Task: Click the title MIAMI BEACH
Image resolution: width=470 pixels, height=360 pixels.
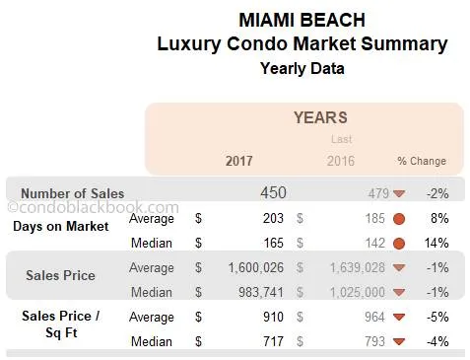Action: tap(302, 20)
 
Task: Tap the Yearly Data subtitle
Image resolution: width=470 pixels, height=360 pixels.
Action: tap(302, 68)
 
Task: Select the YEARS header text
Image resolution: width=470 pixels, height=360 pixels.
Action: tap(320, 118)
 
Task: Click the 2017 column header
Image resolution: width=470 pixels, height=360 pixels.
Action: tap(238, 161)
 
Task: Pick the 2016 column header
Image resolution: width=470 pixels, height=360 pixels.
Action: tap(340, 161)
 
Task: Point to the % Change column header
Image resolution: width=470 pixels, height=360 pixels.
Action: tap(422, 161)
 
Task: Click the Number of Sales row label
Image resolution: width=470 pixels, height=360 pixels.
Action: tap(73, 193)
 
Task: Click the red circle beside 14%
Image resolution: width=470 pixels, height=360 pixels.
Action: tap(399, 243)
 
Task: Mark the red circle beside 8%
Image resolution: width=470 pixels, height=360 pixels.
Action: tap(399, 218)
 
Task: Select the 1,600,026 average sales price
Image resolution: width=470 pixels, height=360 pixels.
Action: tap(257, 267)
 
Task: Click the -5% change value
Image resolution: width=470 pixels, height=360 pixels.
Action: tap(437, 317)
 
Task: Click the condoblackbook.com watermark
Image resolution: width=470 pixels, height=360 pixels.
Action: tap(94, 208)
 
